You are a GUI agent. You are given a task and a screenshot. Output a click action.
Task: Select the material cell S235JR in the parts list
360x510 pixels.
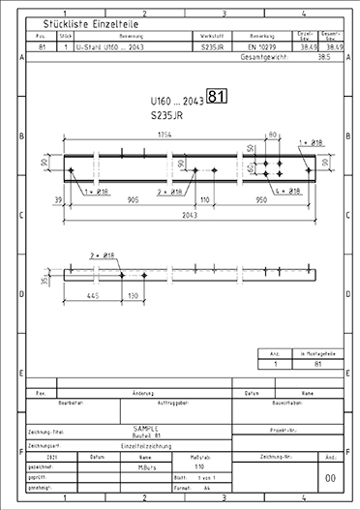pos(212,46)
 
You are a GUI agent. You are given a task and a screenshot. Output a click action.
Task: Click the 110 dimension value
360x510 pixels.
pos(204,200)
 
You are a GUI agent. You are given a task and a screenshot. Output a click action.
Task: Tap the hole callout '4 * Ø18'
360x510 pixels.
pos(291,191)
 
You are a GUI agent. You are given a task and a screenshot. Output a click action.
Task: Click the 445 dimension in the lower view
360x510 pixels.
pos(93,296)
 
